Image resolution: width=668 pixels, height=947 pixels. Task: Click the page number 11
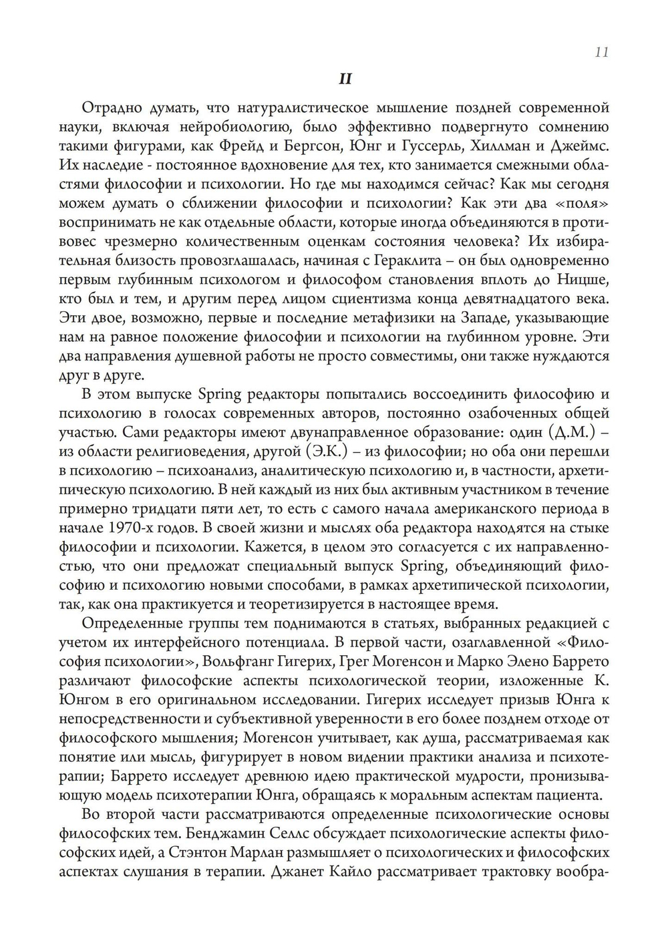pyautogui.click(x=601, y=52)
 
